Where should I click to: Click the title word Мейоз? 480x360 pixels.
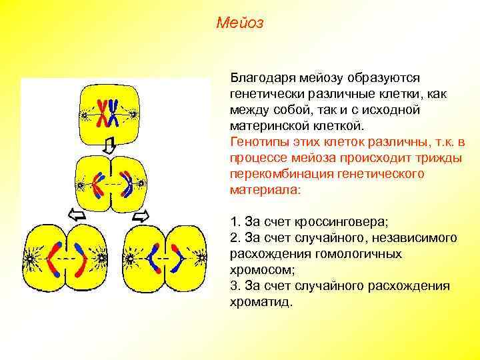[240, 23]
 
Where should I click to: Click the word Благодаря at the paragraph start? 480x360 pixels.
[261, 79]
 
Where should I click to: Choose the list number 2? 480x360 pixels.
[235, 238]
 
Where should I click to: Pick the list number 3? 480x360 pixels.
[235, 286]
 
